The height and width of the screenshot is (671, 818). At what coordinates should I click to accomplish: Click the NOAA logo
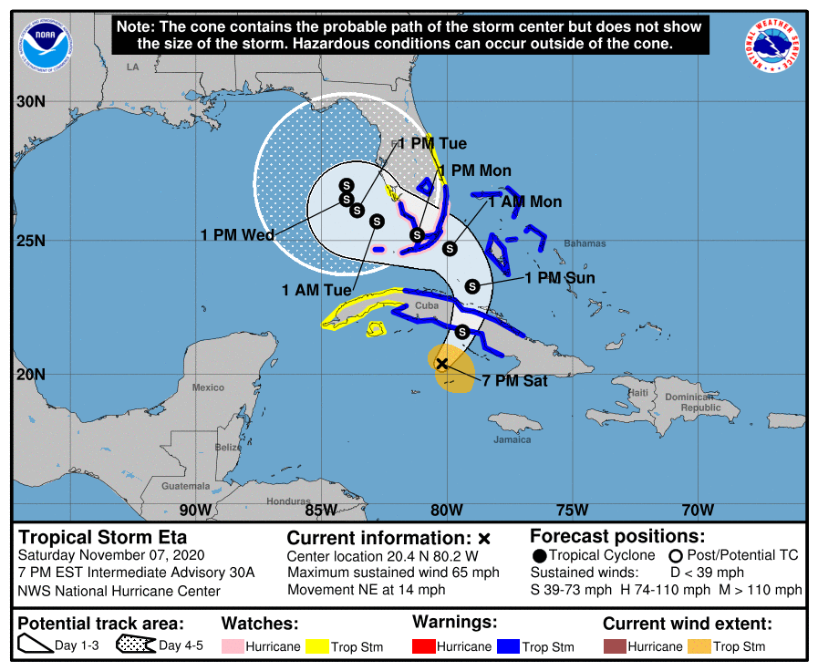point(40,43)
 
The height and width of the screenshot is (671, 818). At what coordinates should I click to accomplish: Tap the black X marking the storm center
point(442,364)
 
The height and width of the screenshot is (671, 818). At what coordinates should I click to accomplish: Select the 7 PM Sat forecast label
point(514,381)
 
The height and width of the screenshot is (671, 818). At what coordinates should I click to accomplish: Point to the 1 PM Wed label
point(237,235)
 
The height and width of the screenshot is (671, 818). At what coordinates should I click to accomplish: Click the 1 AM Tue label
point(316,290)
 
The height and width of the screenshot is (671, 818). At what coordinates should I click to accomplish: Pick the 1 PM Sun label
point(559,278)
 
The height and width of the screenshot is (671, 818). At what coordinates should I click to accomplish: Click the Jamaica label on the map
point(512,439)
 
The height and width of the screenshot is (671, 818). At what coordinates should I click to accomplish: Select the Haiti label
point(638,393)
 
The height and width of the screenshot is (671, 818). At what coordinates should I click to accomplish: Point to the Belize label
point(228,447)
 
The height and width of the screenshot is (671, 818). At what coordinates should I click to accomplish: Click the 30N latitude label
point(30,101)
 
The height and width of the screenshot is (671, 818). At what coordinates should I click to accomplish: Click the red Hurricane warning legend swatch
point(423,646)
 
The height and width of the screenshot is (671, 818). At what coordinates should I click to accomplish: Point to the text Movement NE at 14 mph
point(366,590)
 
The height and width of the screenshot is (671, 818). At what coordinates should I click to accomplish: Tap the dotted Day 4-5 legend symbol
point(135,645)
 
